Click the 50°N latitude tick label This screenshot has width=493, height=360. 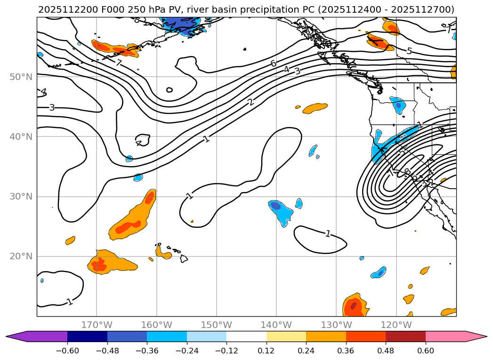[x=21, y=77]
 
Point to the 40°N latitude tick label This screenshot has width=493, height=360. [x=21, y=136]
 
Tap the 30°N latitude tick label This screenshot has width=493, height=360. [x=21, y=196]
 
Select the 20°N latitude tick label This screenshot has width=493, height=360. [x=21, y=256]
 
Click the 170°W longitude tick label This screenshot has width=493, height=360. [x=97, y=325]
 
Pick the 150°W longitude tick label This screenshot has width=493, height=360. [x=217, y=325]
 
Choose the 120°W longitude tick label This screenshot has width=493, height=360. [x=396, y=325]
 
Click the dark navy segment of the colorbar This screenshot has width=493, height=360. [x=87, y=336]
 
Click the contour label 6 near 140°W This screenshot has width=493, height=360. [x=273, y=64]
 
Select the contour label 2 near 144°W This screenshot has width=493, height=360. [x=251, y=102]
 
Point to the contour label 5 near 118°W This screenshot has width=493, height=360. [x=409, y=51]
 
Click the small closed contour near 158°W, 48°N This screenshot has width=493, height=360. [x=170, y=90]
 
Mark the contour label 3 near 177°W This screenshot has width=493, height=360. [x=52, y=108]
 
